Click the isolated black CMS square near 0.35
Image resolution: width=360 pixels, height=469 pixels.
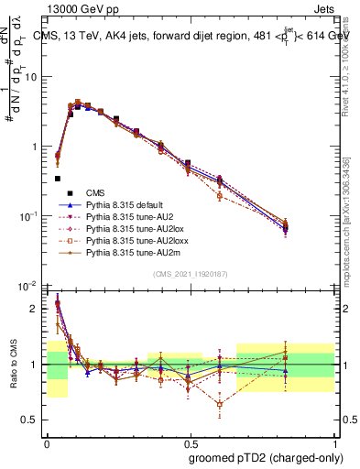pyautogui.click(x=58, y=179)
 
